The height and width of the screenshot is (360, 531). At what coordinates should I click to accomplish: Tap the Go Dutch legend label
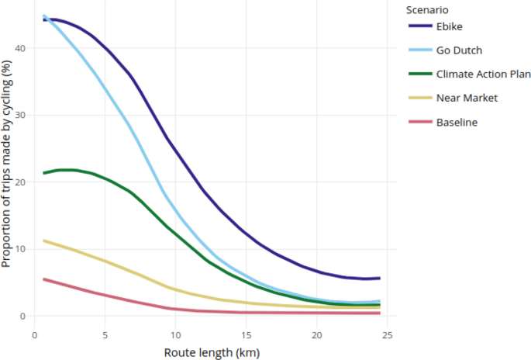459,51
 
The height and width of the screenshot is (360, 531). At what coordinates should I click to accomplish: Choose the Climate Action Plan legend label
482,75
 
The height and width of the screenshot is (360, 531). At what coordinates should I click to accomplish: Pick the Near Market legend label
466,99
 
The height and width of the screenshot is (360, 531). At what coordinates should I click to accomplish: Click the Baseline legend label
457,123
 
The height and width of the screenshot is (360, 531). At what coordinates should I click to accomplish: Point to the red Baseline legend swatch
419,123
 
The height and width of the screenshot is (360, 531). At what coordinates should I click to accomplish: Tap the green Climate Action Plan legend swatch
419,75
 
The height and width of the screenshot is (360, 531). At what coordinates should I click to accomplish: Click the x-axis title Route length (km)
212,351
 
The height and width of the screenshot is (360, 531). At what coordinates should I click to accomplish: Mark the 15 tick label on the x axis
247,334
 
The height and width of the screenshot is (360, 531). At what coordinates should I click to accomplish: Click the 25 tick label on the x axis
388,334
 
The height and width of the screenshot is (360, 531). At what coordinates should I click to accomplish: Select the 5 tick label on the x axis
105,334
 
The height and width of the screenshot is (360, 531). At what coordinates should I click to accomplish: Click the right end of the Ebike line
380,278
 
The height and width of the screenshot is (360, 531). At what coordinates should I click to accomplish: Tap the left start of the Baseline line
43,279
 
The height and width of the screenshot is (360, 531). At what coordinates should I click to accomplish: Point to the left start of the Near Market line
43,241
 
